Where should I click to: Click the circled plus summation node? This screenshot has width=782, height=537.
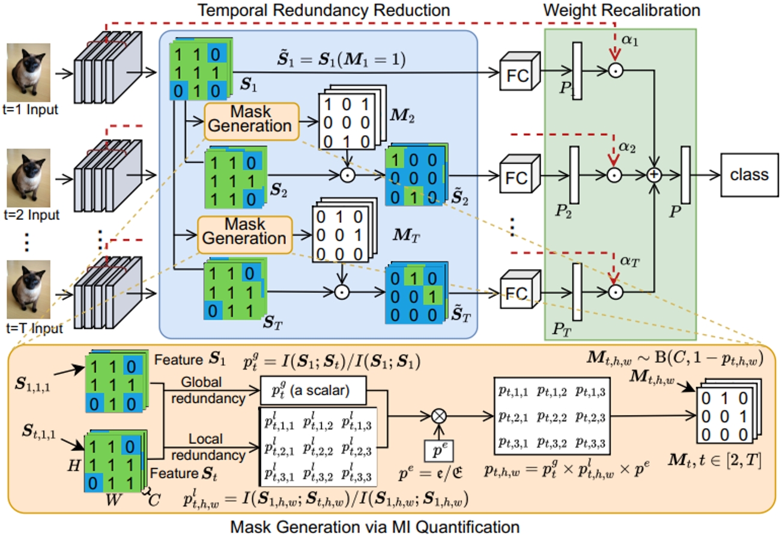click(x=654, y=174)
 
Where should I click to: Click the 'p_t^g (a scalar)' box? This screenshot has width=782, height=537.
click(x=314, y=393)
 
